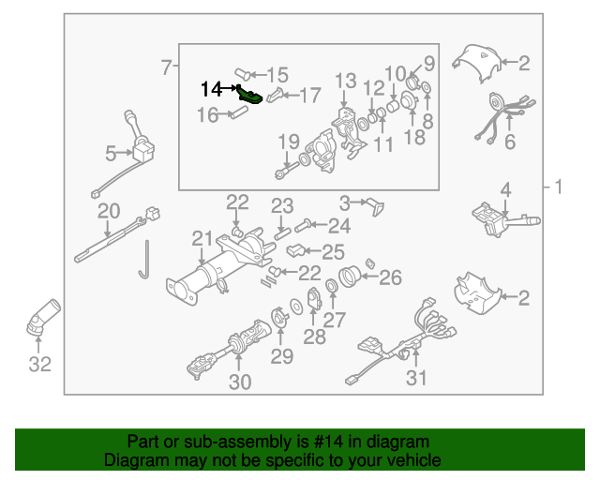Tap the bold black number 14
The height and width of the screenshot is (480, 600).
212,89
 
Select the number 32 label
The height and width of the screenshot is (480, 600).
39,365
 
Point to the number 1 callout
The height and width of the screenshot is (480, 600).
559,187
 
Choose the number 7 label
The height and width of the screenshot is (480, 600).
166,67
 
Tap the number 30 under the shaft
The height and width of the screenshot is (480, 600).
240,382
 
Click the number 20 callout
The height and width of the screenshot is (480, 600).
109,211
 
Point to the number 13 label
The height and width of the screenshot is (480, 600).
345,81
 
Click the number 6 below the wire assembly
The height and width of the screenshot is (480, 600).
510,142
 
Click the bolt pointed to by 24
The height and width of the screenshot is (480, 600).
302,225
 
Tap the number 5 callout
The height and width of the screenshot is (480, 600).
111,152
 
